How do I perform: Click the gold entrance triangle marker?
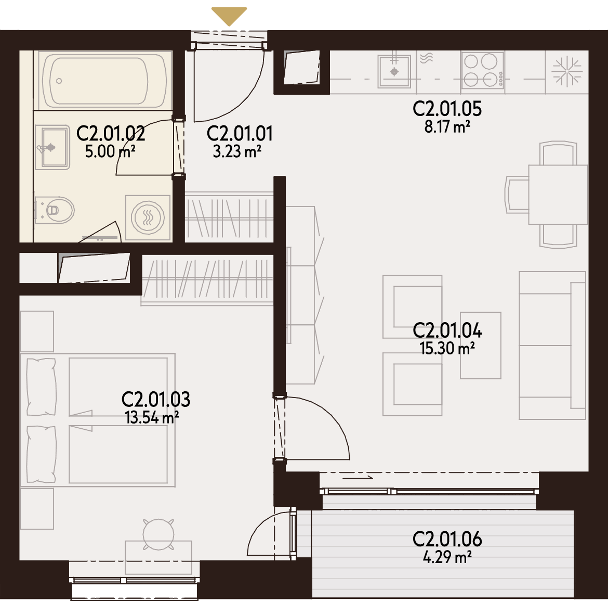pos(229,16)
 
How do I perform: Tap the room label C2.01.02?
pos(111,134)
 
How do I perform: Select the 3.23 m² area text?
pos(237,151)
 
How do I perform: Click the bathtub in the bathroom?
pos(103,80)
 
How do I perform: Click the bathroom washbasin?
pos(52,148)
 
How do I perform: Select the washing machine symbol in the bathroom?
pos(148,218)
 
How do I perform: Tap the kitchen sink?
pos(394,71)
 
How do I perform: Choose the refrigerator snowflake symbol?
pos(567,71)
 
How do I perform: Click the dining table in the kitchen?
pos(558,195)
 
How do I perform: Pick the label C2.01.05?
pos(447,109)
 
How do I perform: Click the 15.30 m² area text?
pos(447,348)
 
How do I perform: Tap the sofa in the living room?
pos(552,346)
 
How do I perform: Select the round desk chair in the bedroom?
pos(158,534)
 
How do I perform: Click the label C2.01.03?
pos(156,400)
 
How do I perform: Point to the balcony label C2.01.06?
pos(447,539)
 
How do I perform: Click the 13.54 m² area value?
pos(152,418)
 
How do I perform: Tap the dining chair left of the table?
pos(517,194)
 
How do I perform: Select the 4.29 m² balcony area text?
pos(447,557)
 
